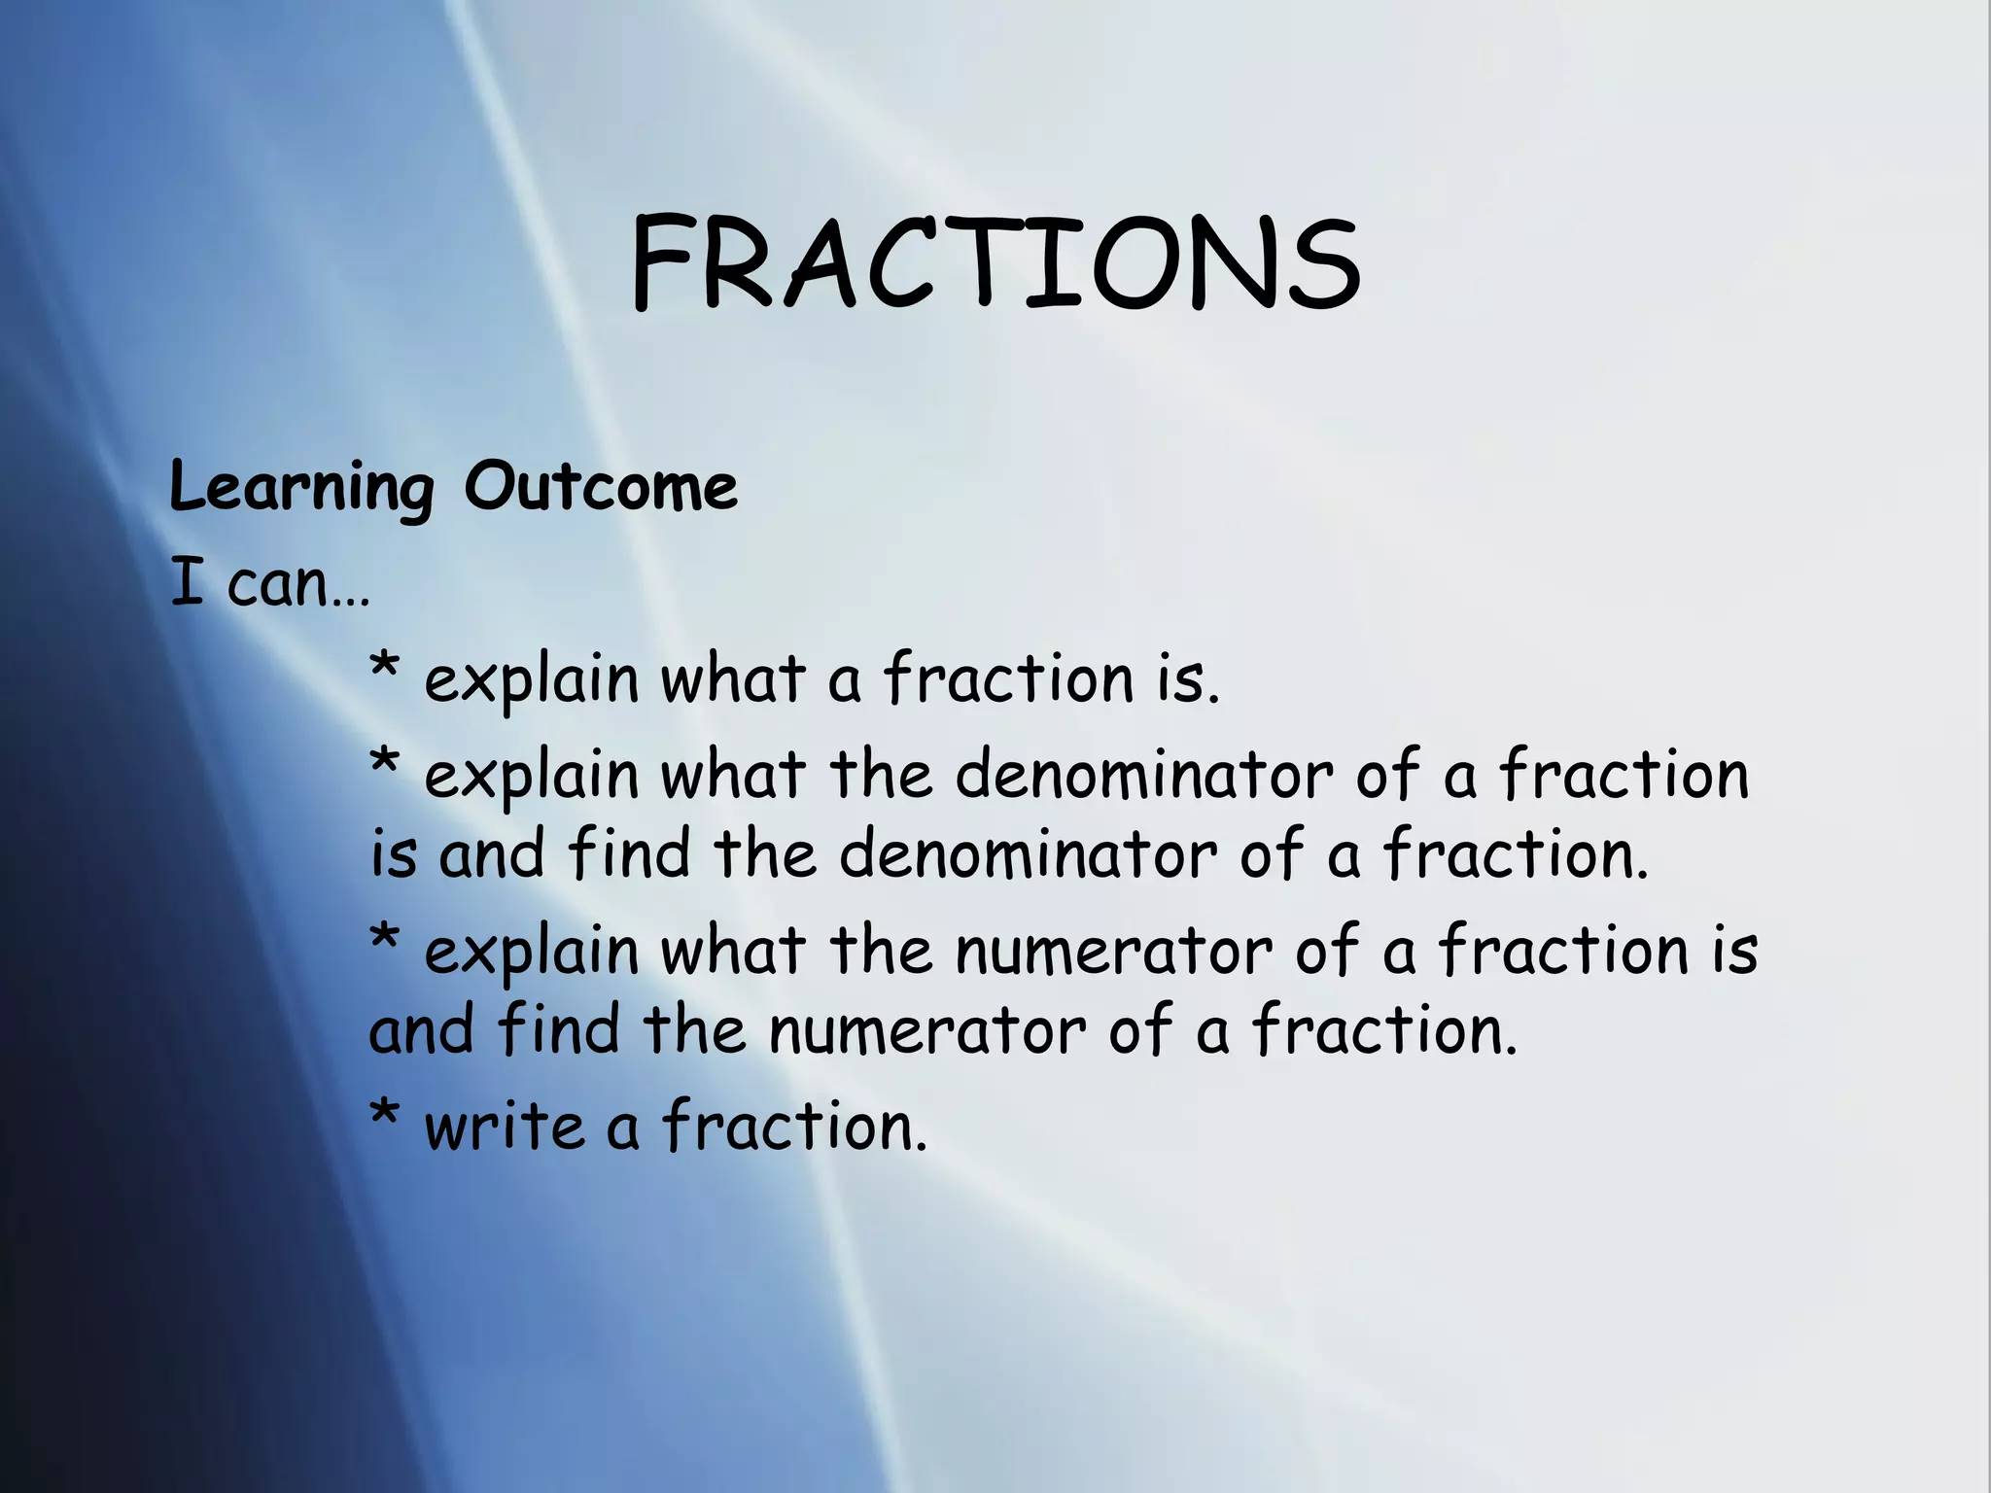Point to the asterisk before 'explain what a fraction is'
point(385,671)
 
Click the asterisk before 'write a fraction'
point(385,1118)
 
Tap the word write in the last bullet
point(504,1128)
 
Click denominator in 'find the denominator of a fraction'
point(1027,855)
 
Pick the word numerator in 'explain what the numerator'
point(1112,951)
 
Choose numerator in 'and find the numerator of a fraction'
point(926,1030)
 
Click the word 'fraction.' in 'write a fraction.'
point(794,1128)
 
